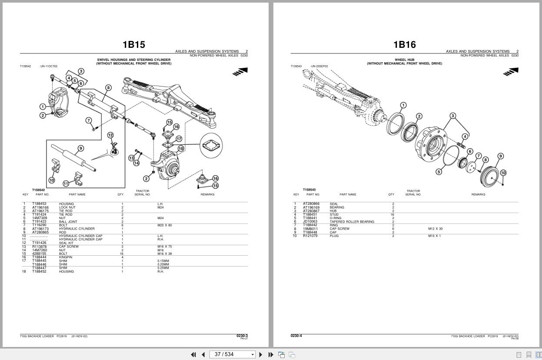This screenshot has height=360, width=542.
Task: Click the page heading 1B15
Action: pyautogui.click(x=133, y=44)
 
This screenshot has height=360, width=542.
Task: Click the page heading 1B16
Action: pyautogui.click(x=404, y=44)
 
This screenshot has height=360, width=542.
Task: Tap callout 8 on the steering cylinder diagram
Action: pyautogui.click(x=108, y=88)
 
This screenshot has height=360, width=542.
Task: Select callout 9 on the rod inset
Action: pyautogui.click(x=80, y=149)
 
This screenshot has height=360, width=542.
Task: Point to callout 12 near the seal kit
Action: pyautogui.click(x=110, y=136)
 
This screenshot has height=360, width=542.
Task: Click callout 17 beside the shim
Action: pyautogui.click(x=179, y=139)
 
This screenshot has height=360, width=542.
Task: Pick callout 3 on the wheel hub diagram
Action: pyautogui.click(x=453, y=116)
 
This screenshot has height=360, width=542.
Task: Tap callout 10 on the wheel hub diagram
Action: pyautogui.click(x=503, y=173)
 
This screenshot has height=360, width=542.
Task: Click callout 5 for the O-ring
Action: pyautogui.click(x=439, y=172)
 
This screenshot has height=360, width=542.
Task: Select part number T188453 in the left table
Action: pyautogui.click(x=39, y=204)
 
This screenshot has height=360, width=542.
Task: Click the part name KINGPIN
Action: pyautogui.click(x=66, y=257)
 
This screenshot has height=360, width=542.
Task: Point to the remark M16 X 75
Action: pyautogui.click(x=164, y=247)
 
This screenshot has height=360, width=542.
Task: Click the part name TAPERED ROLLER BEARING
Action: pyautogui.click(x=352, y=222)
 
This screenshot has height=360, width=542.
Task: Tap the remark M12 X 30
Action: pyautogui.click(x=435, y=229)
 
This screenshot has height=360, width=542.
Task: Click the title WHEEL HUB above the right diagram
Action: pyautogui.click(x=404, y=60)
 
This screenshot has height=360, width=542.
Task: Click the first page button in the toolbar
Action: pyautogui.click(x=193, y=354)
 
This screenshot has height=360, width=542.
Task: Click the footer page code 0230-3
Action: pyautogui.click(x=242, y=336)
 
